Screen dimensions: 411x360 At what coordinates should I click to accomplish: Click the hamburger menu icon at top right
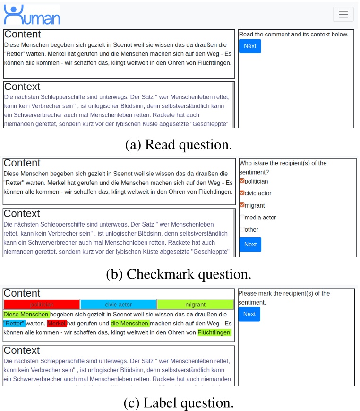pyautogui.click(x=343, y=14)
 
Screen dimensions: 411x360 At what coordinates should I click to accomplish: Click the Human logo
pyautogui.click(x=32, y=15)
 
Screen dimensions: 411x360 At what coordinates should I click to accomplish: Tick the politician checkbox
pyautogui.click(x=242, y=181)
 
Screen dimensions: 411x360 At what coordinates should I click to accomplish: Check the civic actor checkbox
pyautogui.click(x=242, y=193)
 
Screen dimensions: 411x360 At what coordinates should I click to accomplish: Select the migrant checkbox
pyautogui.click(x=242, y=205)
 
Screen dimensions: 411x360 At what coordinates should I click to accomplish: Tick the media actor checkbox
pyautogui.click(x=242, y=218)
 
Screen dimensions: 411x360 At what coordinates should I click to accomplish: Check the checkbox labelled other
pyautogui.click(x=242, y=229)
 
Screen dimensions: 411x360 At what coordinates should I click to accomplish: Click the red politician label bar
pyautogui.click(x=42, y=305)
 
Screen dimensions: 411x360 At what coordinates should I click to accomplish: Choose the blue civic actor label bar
pyautogui.click(x=118, y=305)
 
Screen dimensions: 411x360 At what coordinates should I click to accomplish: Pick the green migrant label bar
pyautogui.click(x=195, y=305)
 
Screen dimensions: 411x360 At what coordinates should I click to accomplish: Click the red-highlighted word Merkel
pyautogui.click(x=57, y=324)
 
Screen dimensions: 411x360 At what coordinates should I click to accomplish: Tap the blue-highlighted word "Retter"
pyautogui.click(x=14, y=324)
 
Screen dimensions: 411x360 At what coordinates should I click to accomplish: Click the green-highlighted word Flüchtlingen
pyautogui.click(x=214, y=332)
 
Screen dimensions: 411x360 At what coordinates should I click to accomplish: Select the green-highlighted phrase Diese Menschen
pyautogui.click(x=26, y=315)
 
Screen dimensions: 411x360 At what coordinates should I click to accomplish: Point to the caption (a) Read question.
pyautogui.click(x=179, y=145)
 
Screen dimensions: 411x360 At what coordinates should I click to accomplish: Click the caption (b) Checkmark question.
pyautogui.click(x=179, y=274)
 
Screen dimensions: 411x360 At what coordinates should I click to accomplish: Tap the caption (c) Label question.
pyautogui.click(x=179, y=402)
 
